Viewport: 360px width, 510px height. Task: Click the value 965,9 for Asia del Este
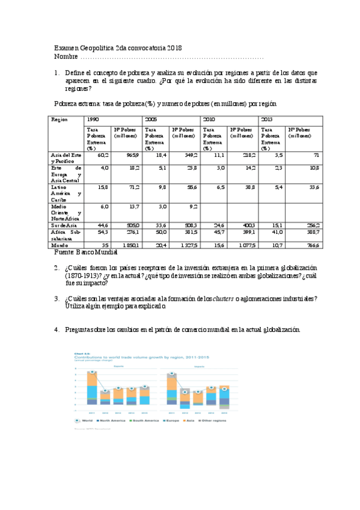pos(132,155)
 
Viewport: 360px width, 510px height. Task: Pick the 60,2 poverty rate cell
pos(102,155)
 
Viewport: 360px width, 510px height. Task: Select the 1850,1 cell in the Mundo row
pos(130,245)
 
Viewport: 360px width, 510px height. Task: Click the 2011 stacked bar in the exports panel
pos(91,388)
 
